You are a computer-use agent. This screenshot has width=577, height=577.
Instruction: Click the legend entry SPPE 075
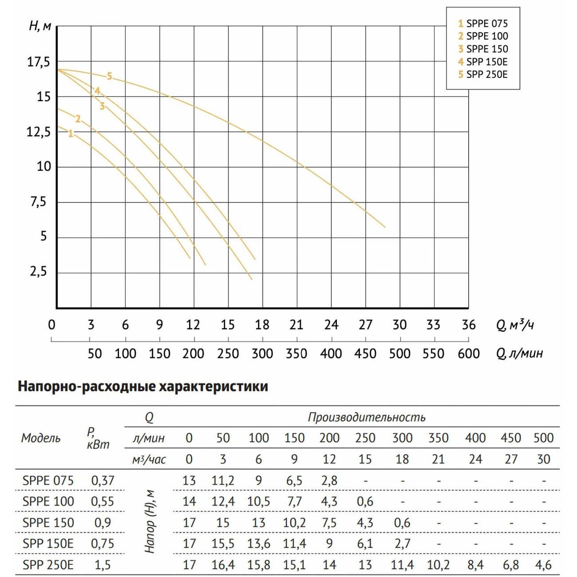point(483,24)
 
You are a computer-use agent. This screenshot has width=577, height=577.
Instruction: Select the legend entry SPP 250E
point(483,74)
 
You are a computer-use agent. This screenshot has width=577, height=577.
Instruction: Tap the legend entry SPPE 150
point(483,49)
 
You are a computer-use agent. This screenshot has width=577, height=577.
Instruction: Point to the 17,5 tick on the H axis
point(39,62)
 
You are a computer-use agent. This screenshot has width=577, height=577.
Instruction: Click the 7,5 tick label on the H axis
point(38,202)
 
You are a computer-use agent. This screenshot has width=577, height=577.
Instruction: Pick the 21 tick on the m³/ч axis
point(296,325)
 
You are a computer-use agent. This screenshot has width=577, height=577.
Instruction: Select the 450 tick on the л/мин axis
point(365,354)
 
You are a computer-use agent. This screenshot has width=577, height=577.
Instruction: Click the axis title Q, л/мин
point(519,353)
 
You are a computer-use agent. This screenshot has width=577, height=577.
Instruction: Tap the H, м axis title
point(40,26)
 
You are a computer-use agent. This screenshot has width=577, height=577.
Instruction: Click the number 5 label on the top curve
point(109,76)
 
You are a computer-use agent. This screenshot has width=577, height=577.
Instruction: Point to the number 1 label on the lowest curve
point(71,134)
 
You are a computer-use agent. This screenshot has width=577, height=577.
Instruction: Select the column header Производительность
point(367,417)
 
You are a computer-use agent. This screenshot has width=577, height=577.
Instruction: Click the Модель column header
point(41,438)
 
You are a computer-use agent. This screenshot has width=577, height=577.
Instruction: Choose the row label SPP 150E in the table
point(48,544)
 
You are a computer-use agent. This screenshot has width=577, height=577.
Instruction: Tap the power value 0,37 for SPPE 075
point(103,480)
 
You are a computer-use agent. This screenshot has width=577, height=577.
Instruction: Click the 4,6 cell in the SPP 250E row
point(543,565)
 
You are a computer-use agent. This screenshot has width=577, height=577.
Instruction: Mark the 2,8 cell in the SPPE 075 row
point(329,480)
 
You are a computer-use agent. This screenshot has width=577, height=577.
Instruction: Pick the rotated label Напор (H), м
point(150,522)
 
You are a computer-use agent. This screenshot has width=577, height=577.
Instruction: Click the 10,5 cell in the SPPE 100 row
point(258,502)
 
